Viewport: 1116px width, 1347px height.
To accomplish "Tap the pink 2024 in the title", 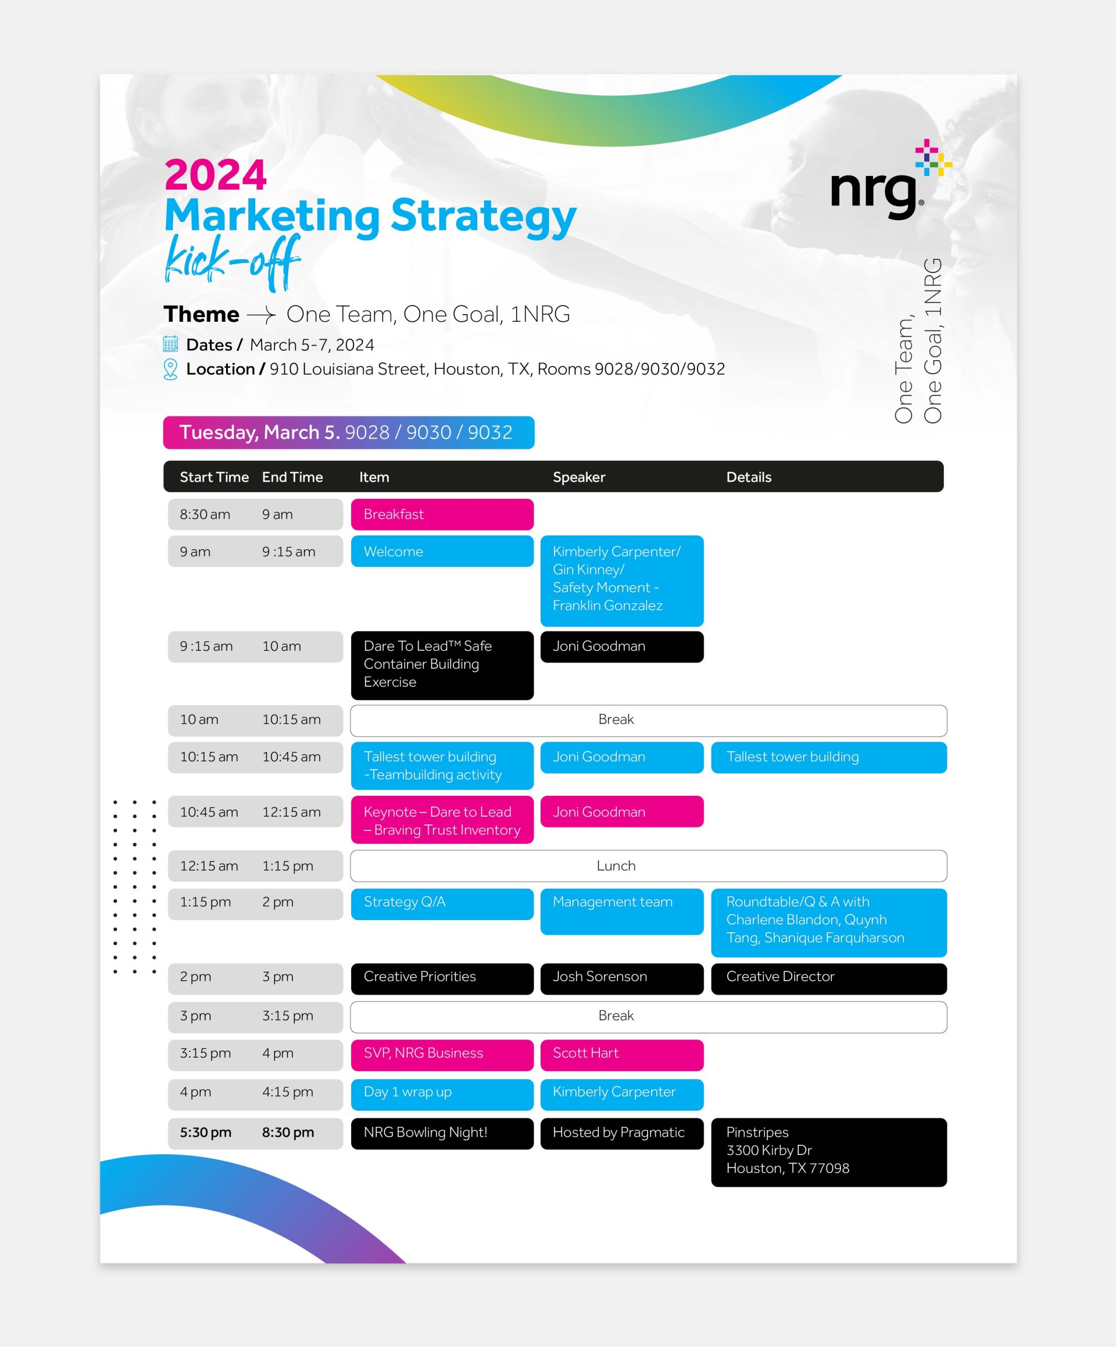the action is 215,174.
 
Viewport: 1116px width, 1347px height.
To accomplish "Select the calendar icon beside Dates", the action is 170,344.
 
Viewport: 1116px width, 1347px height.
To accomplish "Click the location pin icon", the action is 170,369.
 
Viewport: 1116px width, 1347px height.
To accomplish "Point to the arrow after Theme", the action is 261,315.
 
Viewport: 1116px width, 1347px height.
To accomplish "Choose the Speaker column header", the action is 579,477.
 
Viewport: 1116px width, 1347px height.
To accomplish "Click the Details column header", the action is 749,477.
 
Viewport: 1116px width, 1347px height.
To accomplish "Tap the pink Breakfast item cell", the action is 442,515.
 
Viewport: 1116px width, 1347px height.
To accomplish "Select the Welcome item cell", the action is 442,552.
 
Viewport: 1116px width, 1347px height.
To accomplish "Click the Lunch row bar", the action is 648,866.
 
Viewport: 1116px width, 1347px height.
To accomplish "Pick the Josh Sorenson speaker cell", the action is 622,979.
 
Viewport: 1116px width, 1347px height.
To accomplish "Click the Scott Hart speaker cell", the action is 622,1055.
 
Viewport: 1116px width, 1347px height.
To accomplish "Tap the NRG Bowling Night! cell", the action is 442,1134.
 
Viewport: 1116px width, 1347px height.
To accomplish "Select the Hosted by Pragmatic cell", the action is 622,1134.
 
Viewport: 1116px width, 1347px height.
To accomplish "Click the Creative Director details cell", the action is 829,979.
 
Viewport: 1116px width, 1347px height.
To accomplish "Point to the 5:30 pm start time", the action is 205,1133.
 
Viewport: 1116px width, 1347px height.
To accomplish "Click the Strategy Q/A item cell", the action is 442,904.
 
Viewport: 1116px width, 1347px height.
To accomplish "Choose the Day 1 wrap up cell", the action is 442,1094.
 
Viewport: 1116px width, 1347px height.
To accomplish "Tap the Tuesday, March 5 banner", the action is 349,433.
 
